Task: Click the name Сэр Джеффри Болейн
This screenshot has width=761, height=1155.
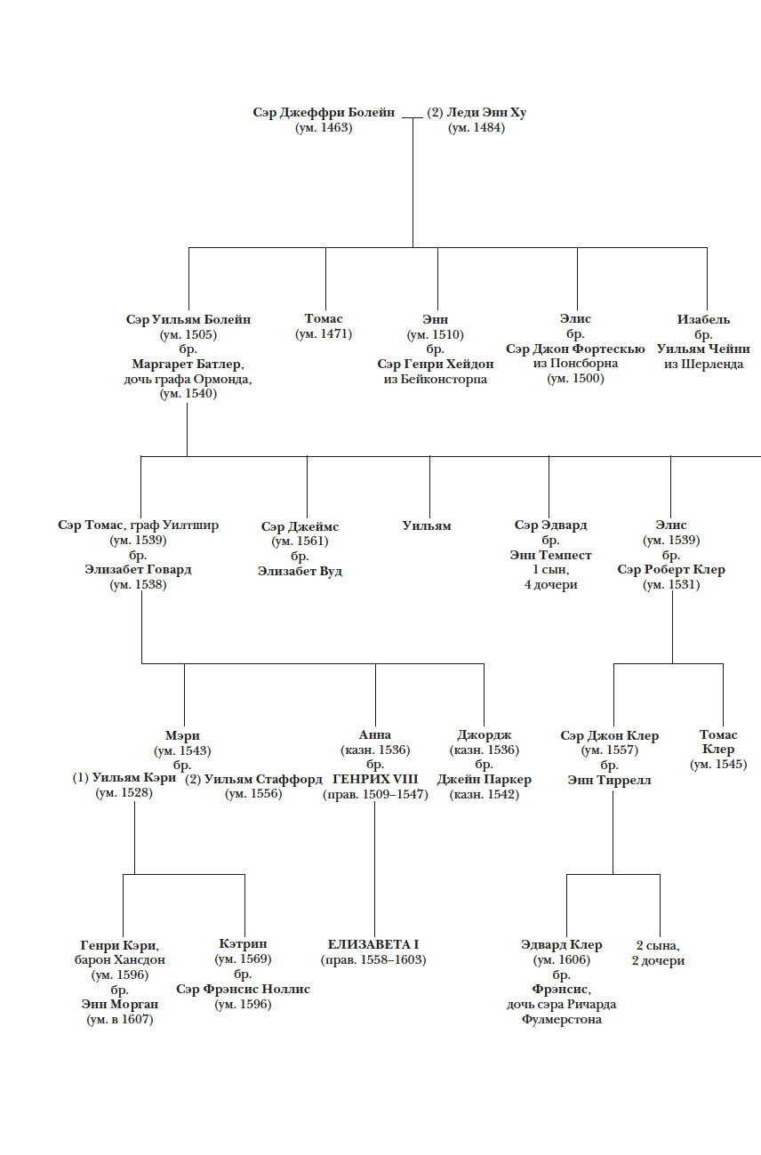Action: pyautogui.click(x=324, y=113)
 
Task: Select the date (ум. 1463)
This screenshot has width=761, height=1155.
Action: pyautogui.click(x=324, y=128)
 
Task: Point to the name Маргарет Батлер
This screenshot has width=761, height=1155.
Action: pyautogui.click(x=188, y=365)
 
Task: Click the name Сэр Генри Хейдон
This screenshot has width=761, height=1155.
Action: pyautogui.click(x=435, y=365)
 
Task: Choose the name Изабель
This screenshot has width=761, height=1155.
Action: pyautogui.click(x=703, y=319)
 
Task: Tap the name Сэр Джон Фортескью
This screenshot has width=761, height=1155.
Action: pyautogui.click(x=575, y=349)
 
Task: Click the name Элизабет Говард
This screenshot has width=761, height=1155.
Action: pyautogui.click(x=138, y=570)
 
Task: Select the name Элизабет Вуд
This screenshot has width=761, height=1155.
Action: pyautogui.click(x=300, y=571)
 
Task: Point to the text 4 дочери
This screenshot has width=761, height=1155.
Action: pyautogui.click(x=550, y=585)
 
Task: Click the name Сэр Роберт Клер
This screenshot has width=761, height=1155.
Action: pyautogui.click(x=671, y=570)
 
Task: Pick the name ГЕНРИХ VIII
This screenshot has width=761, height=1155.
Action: pyautogui.click(x=374, y=779)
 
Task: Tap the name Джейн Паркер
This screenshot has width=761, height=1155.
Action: pyautogui.click(x=484, y=779)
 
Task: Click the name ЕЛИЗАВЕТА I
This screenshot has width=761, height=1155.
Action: pyautogui.click(x=373, y=944)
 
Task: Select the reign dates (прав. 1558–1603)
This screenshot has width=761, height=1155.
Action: pyautogui.click(x=373, y=960)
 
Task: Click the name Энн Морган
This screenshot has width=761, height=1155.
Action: pyautogui.click(x=119, y=1005)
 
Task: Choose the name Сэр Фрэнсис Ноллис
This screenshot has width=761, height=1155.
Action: pyautogui.click(x=243, y=990)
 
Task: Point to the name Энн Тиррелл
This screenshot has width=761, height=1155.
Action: pyautogui.click(x=609, y=780)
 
